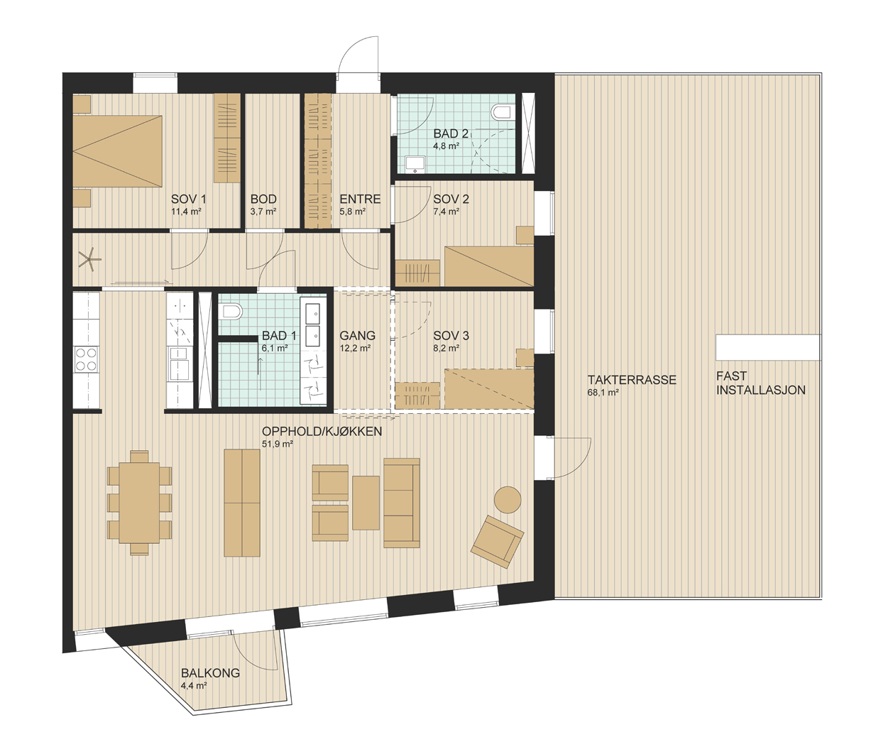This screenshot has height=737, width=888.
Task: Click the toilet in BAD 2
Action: [500, 113]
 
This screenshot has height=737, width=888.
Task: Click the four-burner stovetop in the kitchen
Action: [87, 359]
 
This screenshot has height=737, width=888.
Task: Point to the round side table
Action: [508, 500]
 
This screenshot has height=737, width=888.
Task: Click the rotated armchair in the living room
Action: [497, 541]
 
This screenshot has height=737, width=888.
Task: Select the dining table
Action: [140, 503]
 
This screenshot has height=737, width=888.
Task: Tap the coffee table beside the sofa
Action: [366, 503]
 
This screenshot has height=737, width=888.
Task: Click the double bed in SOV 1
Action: [117, 151]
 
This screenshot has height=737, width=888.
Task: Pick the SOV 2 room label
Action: [451, 199]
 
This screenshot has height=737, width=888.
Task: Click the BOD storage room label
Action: [263, 199]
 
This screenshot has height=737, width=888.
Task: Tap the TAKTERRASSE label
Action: [632, 380]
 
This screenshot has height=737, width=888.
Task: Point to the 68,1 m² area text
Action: [603, 393]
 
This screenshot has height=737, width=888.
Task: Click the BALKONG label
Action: [210, 673]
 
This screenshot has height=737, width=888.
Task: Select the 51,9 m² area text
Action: [278, 444]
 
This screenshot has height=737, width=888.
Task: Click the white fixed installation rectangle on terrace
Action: [768, 347]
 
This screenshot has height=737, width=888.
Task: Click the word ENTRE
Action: [360, 199]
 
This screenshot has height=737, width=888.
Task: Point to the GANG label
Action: [357, 336]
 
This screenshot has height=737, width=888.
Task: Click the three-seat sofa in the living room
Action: [402, 503]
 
